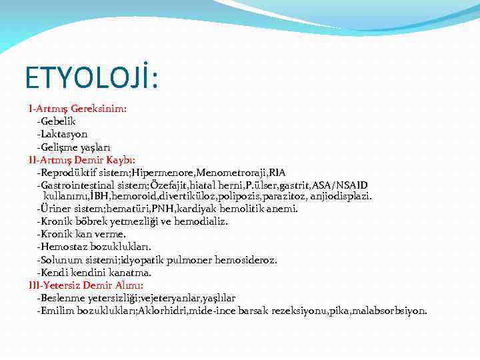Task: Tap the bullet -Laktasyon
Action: (x=62, y=134)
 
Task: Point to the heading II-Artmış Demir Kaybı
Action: (x=82, y=160)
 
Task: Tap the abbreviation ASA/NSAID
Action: (x=339, y=185)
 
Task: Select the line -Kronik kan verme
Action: (x=81, y=235)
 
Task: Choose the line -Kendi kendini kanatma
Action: (x=94, y=273)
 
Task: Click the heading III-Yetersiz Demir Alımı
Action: (x=86, y=285)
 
